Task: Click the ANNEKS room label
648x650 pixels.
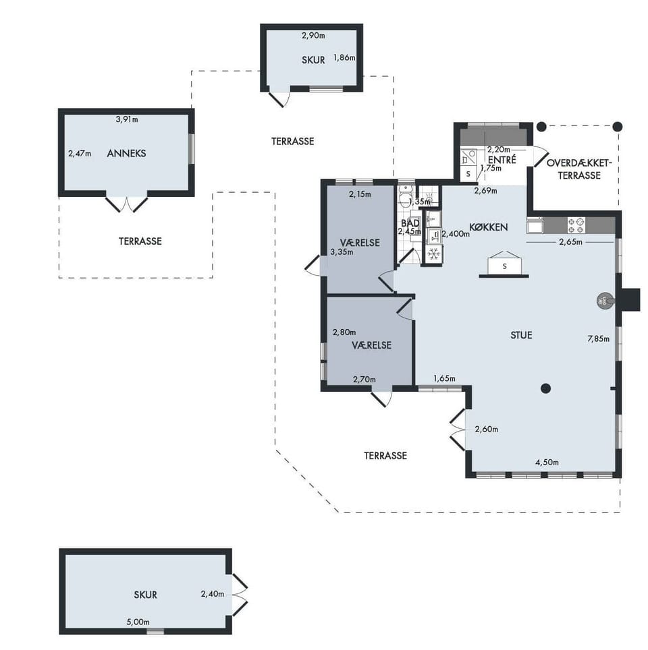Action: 126,153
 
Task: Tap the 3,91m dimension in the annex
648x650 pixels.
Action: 127,119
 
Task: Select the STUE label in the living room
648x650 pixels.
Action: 521,335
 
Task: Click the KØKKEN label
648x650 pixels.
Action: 488,227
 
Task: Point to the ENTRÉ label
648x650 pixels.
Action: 502,160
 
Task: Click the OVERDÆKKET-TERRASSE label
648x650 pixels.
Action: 579,169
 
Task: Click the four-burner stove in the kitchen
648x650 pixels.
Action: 576,225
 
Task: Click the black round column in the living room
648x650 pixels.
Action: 546,388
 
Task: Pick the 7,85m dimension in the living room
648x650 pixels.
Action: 598,339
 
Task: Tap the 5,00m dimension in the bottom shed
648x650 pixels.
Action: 138,622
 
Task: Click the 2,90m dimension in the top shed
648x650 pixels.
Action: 313,36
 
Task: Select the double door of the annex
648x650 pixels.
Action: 127,204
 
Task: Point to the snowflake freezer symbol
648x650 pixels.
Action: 434,254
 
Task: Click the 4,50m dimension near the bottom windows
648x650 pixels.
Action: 547,462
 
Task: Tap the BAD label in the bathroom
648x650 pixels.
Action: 410,223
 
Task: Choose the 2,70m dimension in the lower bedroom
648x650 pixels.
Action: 364,380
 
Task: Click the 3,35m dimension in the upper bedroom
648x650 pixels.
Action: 342,252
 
